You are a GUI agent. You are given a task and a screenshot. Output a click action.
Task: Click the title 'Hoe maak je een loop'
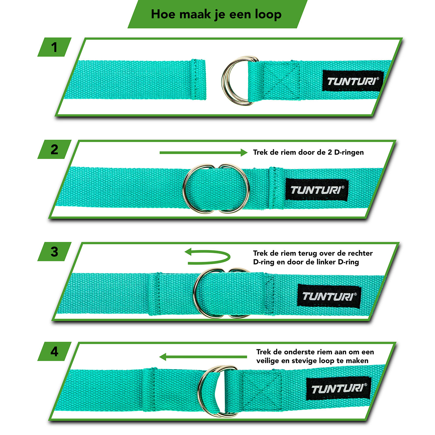point(216,14)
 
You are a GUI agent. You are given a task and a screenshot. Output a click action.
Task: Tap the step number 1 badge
point(54,47)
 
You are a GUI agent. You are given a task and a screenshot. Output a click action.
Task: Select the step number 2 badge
point(54,149)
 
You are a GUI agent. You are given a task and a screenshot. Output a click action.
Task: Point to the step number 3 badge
point(54,252)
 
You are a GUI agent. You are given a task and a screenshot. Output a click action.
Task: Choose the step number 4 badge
point(54,351)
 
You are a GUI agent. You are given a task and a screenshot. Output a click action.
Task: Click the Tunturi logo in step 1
point(353,81)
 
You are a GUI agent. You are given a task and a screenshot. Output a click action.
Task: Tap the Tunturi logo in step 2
point(317,190)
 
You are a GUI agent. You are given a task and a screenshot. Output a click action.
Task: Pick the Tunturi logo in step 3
point(329,296)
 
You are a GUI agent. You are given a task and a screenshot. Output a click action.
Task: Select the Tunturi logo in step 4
point(339,388)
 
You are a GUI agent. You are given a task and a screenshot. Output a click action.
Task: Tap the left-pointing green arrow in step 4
point(203,357)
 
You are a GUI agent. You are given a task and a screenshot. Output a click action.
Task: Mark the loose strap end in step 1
point(135,80)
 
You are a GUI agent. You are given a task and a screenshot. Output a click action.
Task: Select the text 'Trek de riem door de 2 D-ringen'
point(308,152)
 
